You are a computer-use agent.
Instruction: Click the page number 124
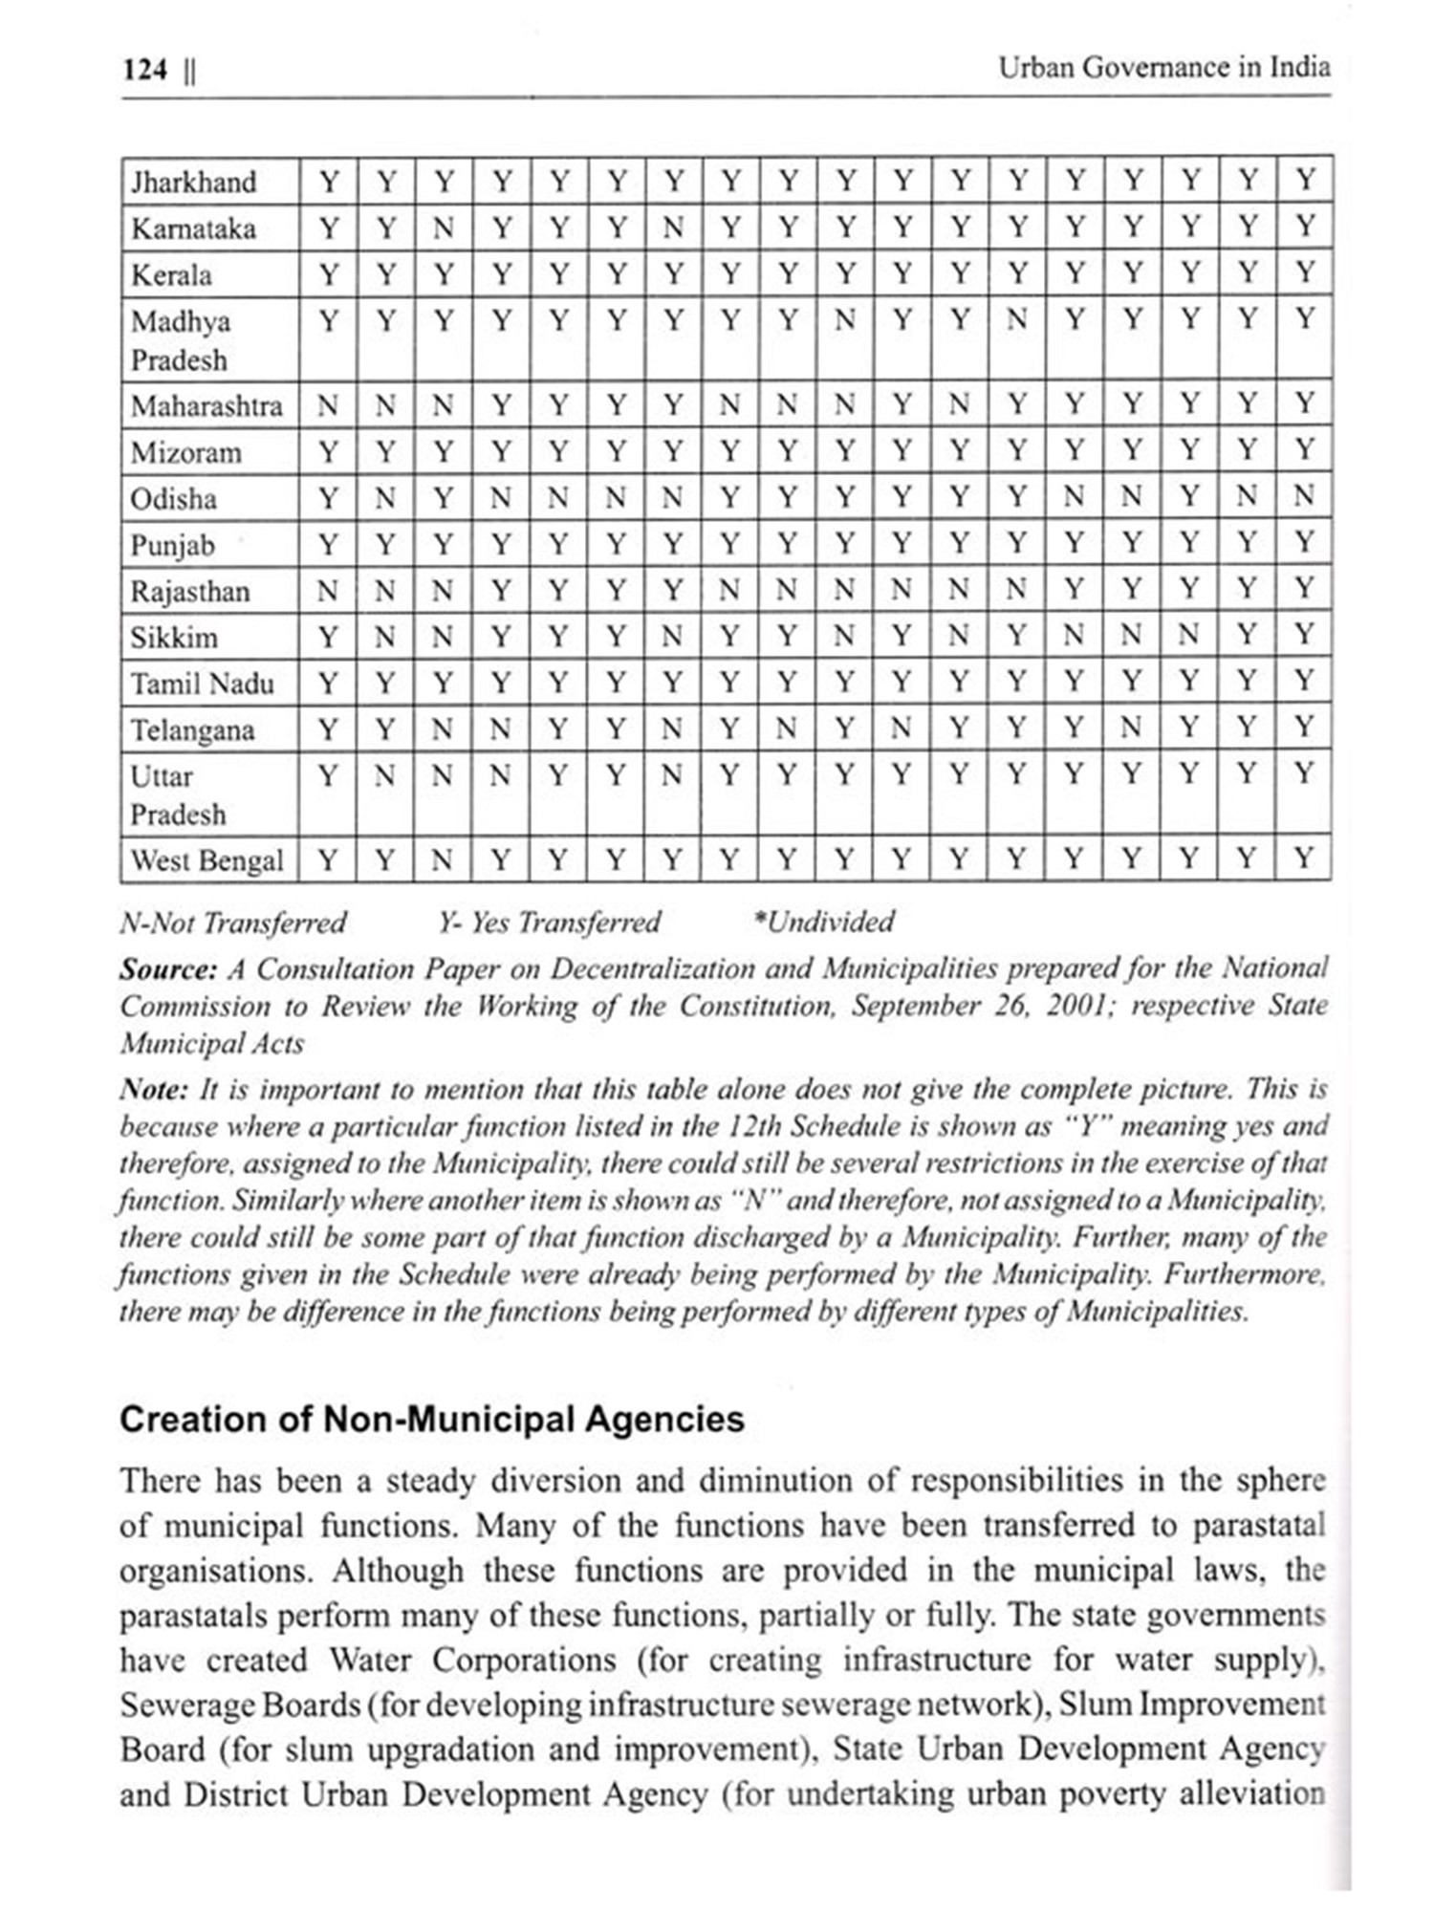145,70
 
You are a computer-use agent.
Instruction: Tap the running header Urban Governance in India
1163,68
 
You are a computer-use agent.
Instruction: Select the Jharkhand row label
194,182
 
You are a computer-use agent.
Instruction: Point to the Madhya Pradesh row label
181,340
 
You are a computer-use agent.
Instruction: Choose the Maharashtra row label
206,406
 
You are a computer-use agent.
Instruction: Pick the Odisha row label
174,499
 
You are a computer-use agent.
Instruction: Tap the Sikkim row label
174,638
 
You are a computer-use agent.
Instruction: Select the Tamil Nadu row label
202,684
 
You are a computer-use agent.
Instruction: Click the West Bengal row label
206,860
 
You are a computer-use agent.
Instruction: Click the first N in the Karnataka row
443,228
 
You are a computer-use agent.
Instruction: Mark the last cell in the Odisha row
1304,497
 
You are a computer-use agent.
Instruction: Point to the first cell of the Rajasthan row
328,591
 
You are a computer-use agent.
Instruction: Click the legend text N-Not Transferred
232,923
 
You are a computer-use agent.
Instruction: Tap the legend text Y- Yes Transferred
549,923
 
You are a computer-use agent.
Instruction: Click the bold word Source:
169,969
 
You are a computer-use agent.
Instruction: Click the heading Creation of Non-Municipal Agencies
431,1419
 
